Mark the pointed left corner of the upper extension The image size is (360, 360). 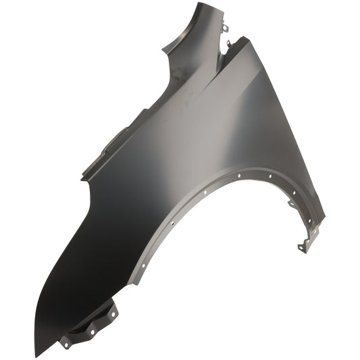[x=163, y=48]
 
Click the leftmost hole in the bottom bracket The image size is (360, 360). [x=66, y=342]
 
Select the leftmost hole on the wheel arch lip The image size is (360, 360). [x=143, y=265]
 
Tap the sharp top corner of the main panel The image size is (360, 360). [x=248, y=38]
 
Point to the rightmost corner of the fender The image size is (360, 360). [x=325, y=219]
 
